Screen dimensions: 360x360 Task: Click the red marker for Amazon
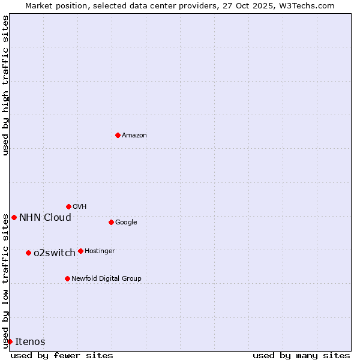tap(118, 135)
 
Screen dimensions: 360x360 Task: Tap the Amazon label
tap(134, 136)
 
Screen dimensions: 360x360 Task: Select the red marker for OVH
tap(68, 206)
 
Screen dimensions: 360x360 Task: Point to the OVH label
tap(80, 207)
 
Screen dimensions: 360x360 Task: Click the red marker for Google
tap(111, 222)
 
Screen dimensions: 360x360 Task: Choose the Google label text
tap(126, 223)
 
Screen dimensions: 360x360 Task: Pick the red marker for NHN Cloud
tap(14, 217)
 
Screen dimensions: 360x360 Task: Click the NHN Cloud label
tap(45, 218)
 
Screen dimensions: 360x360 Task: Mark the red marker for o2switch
tap(28, 253)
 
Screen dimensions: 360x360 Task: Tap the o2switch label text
tap(55, 253)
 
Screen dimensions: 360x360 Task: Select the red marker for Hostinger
tap(80, 251)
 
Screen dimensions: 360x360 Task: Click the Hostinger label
tap(100, 251)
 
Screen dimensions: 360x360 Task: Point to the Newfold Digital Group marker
tap(67, 278)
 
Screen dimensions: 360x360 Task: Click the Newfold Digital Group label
tap(106, 279)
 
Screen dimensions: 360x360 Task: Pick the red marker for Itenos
tap(10, 341)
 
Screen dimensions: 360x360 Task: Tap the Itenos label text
tap(30, 342)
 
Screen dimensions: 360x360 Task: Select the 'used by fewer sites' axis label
tap(62, 356)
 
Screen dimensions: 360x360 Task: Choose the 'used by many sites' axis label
tap(301, 356)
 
